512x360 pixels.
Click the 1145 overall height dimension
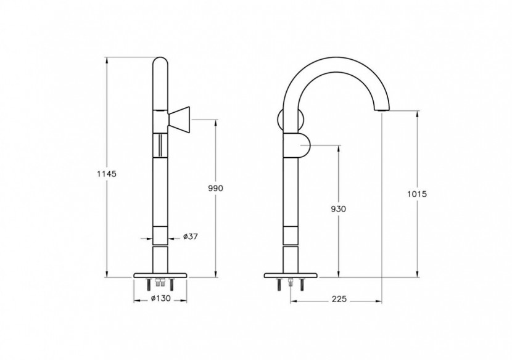107,173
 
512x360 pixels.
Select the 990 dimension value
215,188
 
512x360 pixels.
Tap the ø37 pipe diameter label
191,237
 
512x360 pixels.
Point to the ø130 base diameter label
160,299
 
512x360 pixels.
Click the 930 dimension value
338,209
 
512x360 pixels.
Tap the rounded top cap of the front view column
160,64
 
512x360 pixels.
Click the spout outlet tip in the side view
382,109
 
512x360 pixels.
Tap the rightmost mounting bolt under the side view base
302,285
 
